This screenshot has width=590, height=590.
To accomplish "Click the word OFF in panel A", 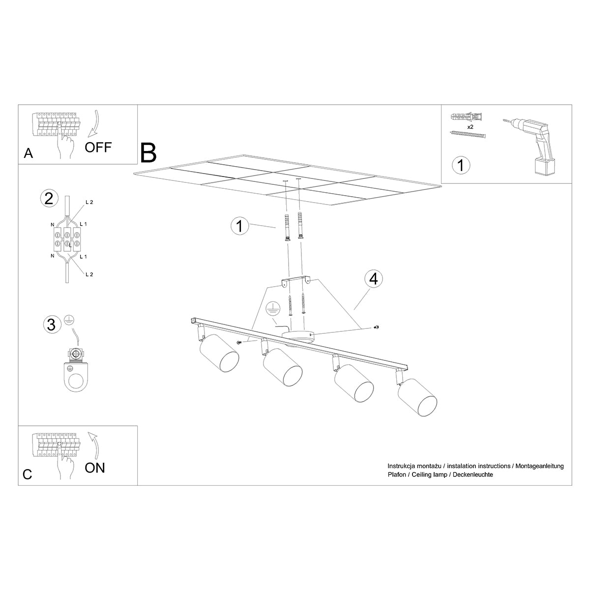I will pyautogui.click(x=98, y=147).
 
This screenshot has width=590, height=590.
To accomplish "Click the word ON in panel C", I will pyautogui.click(x=95, y=468).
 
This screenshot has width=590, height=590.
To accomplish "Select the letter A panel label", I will pyautogui.click(x=29, y=154).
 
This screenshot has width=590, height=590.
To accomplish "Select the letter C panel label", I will pyautogui.click(x=28, y=474).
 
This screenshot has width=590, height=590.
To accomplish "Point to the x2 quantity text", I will pyautogui.click(x=470, y=126).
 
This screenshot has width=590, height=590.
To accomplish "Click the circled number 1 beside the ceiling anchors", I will pyautogui.click(x=239, y=226).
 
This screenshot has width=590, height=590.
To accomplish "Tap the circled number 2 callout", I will pyautogui.click(x=49, y=198).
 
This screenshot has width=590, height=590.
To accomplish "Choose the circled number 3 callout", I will pyautogui.click(x=50, y=324).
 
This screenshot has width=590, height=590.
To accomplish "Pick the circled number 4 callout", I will pyautogui.click(x=374, y=279).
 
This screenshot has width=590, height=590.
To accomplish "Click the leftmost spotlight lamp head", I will pyautogui.click(x=219, y=354).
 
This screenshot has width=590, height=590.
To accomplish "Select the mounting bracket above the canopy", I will pyautogui.click(x=296, y=281).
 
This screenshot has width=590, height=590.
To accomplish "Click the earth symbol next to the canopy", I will pyautogui.click(x=271, y=309).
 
